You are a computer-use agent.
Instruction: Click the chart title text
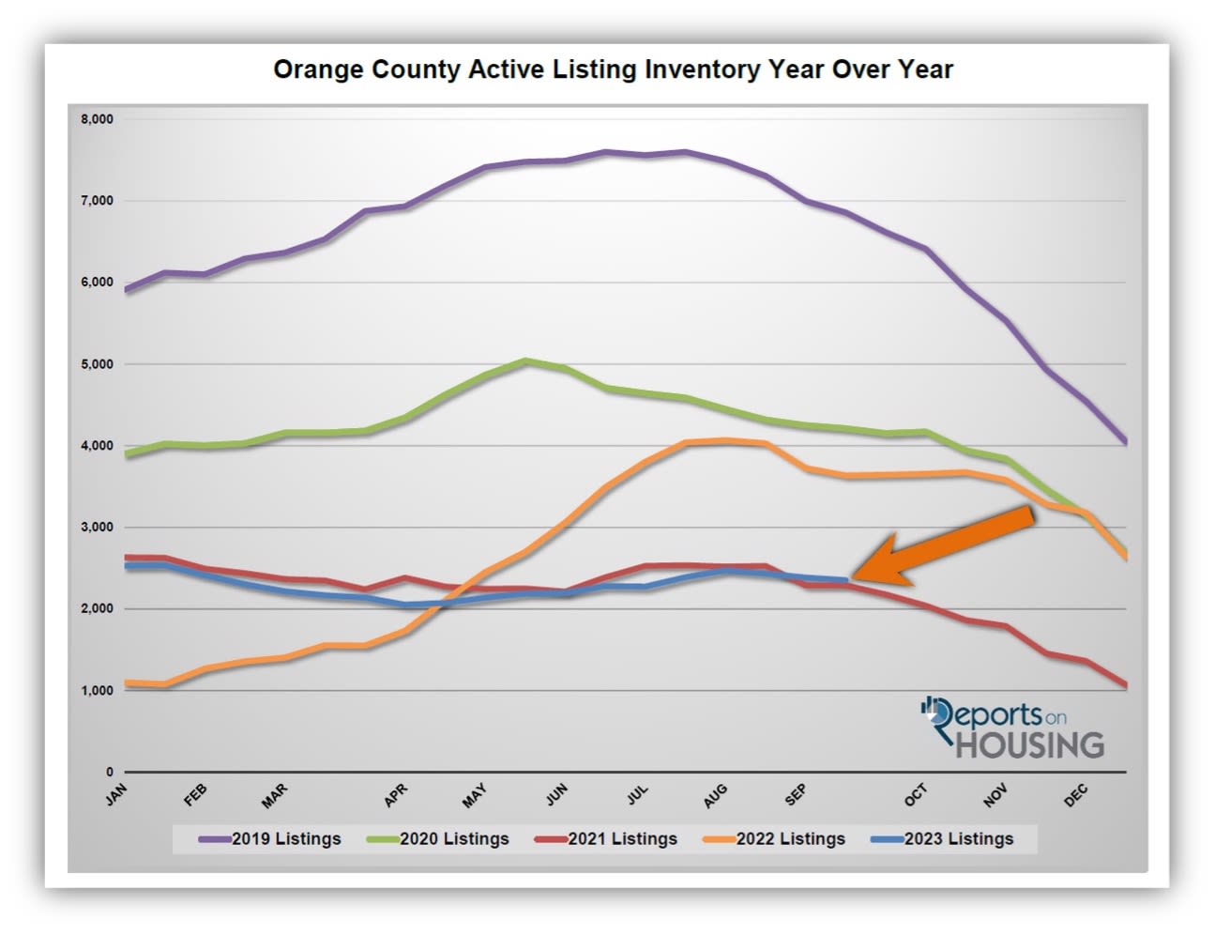(613, 70)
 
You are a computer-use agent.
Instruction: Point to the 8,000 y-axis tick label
(97, 119)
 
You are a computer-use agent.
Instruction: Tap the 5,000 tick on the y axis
(97, 364)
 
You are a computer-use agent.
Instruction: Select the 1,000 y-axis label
(97, 691)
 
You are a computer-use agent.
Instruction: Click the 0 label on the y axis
(109, 773)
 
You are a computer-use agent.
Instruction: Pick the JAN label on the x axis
(116, 795)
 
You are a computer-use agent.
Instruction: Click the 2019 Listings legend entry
(271, 839)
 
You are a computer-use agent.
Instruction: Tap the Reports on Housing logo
(1013, 728)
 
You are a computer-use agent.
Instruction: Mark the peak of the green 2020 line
(526, 360)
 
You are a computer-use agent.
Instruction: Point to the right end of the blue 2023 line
(847, 580)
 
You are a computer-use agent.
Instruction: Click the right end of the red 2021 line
(1124, 685)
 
